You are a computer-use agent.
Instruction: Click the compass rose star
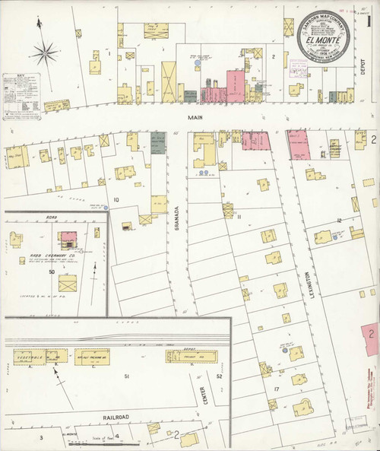tap(47, 53)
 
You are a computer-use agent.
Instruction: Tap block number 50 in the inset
tap(52, 272)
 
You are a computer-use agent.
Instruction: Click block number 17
tap(277, 390)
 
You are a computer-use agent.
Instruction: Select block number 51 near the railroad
tap(127, 376)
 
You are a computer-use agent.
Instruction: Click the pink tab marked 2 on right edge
tap(372, 333)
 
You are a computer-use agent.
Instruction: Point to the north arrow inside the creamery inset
tap(94, 272)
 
